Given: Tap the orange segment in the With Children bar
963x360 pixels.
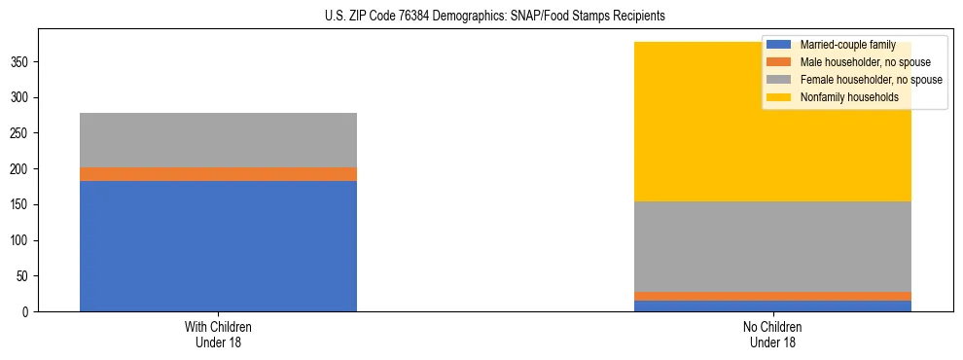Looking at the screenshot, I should click(218, 174).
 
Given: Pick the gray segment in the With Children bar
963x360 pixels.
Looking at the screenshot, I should click(218, 140).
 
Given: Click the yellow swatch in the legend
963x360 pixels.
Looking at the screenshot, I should click(779, 97).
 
